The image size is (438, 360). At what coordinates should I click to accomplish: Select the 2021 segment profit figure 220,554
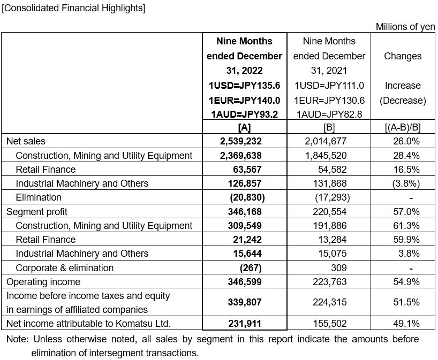coord(329,212)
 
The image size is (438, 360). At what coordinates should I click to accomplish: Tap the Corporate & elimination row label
coord(65,268)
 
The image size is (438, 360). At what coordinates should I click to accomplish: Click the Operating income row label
coord(43,282)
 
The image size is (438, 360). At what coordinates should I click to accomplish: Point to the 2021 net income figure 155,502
coord(329,324)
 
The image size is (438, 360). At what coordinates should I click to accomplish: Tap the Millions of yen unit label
coord(405,27)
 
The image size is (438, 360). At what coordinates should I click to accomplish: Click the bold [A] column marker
coord(244,127)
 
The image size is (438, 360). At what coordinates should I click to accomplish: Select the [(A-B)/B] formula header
coord(402,127)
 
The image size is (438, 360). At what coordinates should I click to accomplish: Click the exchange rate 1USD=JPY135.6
coord(244,86)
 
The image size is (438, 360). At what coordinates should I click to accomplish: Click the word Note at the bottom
coord(17,340)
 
